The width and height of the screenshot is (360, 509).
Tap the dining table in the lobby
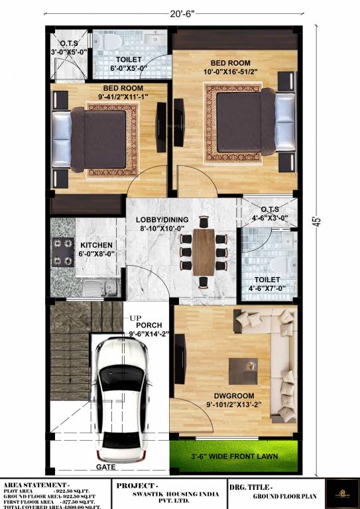coord(204,252)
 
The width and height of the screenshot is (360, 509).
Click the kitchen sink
coord(99,287)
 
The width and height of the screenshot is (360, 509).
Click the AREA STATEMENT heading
coord(36,485)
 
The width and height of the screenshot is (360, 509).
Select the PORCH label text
coord(149,325)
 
